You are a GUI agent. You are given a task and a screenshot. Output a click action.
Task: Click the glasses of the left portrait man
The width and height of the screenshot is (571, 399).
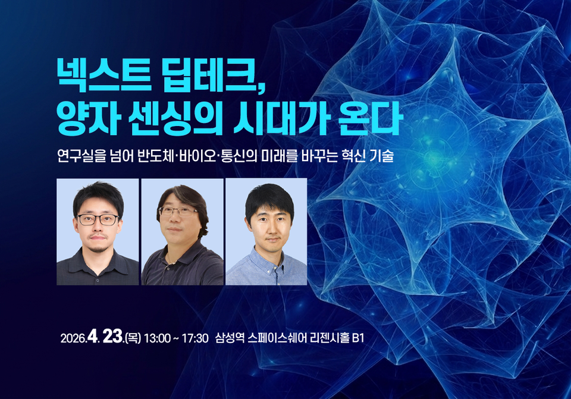[98, 219]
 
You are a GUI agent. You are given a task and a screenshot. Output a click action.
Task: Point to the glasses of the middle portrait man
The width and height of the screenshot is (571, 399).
[178, 211]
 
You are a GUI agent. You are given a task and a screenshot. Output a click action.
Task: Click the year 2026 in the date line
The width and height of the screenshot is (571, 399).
[73, 339]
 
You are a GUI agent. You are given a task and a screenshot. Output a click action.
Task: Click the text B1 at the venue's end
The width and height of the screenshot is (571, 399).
[357, 339]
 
